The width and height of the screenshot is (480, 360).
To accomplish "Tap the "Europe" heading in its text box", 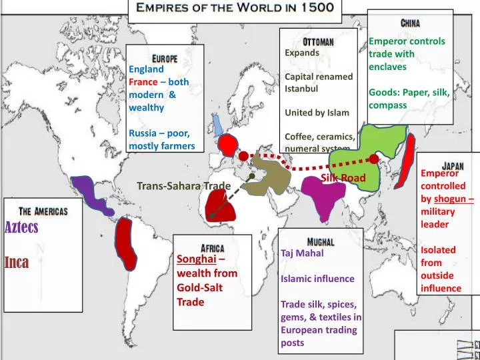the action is [164, 58].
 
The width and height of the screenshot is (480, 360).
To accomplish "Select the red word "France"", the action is [143, 82].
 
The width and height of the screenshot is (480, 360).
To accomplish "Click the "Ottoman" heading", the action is [318, 41].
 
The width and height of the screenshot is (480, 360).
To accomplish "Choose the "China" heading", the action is [410, 23].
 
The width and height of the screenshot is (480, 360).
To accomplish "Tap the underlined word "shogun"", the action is [452, 199].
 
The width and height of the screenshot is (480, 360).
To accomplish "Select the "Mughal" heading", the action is [321, 241].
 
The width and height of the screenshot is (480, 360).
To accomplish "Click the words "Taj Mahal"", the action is [302, 253].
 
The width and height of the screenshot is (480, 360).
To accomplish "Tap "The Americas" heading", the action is [43, 211].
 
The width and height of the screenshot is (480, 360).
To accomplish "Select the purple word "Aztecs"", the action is [22, 227].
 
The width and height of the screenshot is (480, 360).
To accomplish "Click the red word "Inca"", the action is [17, 262].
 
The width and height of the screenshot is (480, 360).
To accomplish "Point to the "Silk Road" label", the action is [343, 178].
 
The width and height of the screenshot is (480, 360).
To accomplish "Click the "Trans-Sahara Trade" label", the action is [183, 185].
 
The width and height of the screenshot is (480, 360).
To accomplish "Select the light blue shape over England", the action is [217, 125].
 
